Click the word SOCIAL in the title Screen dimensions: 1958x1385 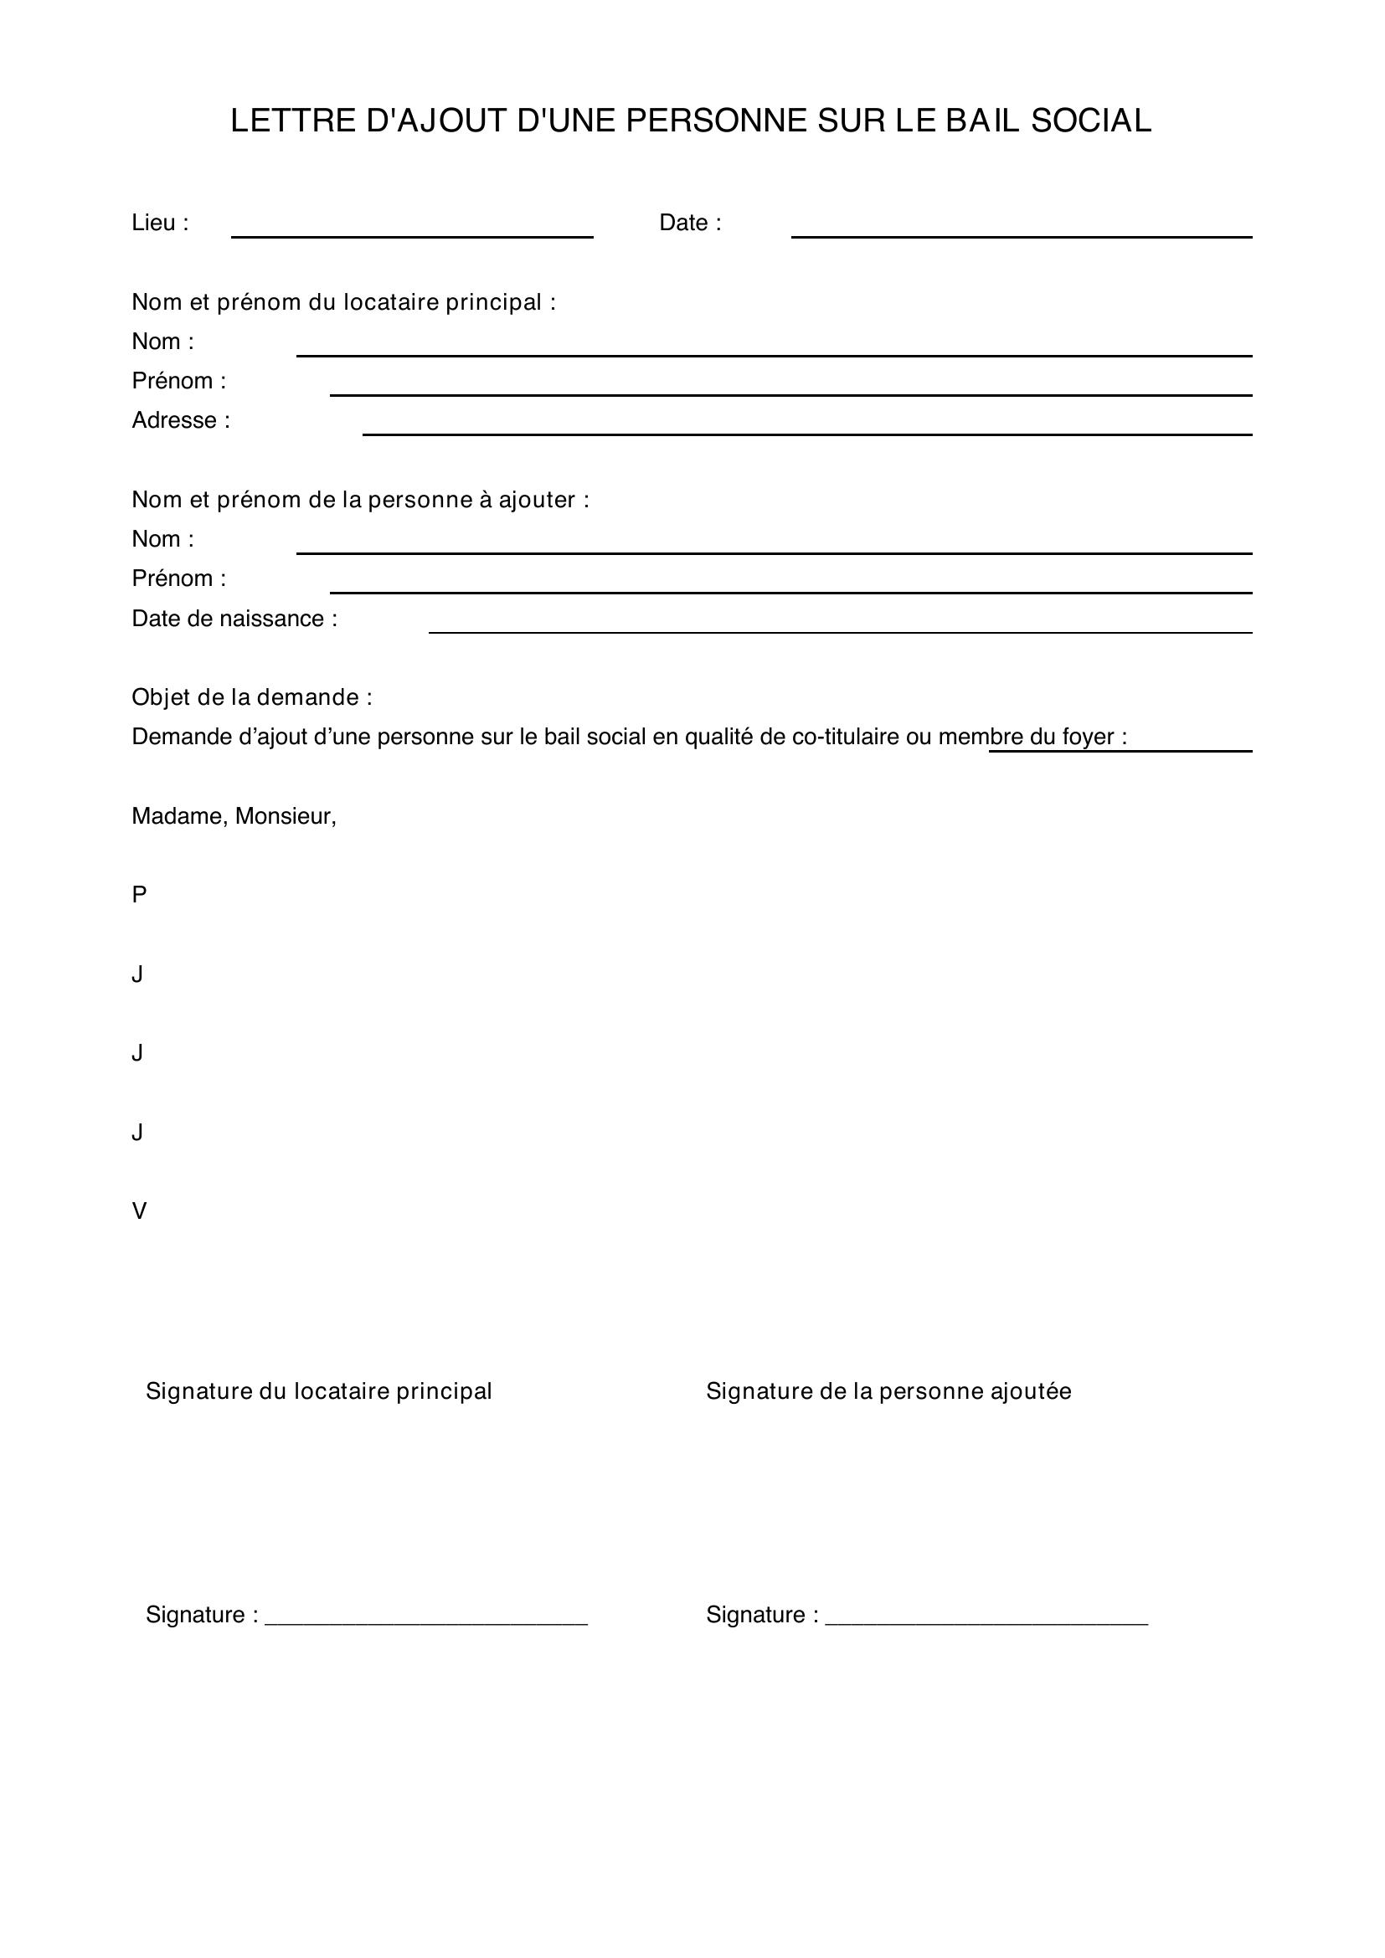click(1091, 121)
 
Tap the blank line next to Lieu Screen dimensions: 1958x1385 click(412, 230)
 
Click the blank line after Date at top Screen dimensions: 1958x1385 click(1021, 230)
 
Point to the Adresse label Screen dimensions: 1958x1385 click(181, 420)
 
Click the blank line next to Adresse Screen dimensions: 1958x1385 click(806, 428)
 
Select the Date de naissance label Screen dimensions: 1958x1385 click(234, 619)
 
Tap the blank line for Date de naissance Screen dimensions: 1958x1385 click(840, 626)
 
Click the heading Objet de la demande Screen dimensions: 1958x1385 click(251, 697)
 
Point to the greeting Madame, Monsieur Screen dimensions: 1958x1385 click(234, 816)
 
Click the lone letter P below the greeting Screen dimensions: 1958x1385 click(139, 895)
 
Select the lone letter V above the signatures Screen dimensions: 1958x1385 click(139, 1211)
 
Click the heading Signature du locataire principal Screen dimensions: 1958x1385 click(319, 1391)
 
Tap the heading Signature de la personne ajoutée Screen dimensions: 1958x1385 click(888, 1391)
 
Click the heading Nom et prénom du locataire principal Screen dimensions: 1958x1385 click(343, 302)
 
